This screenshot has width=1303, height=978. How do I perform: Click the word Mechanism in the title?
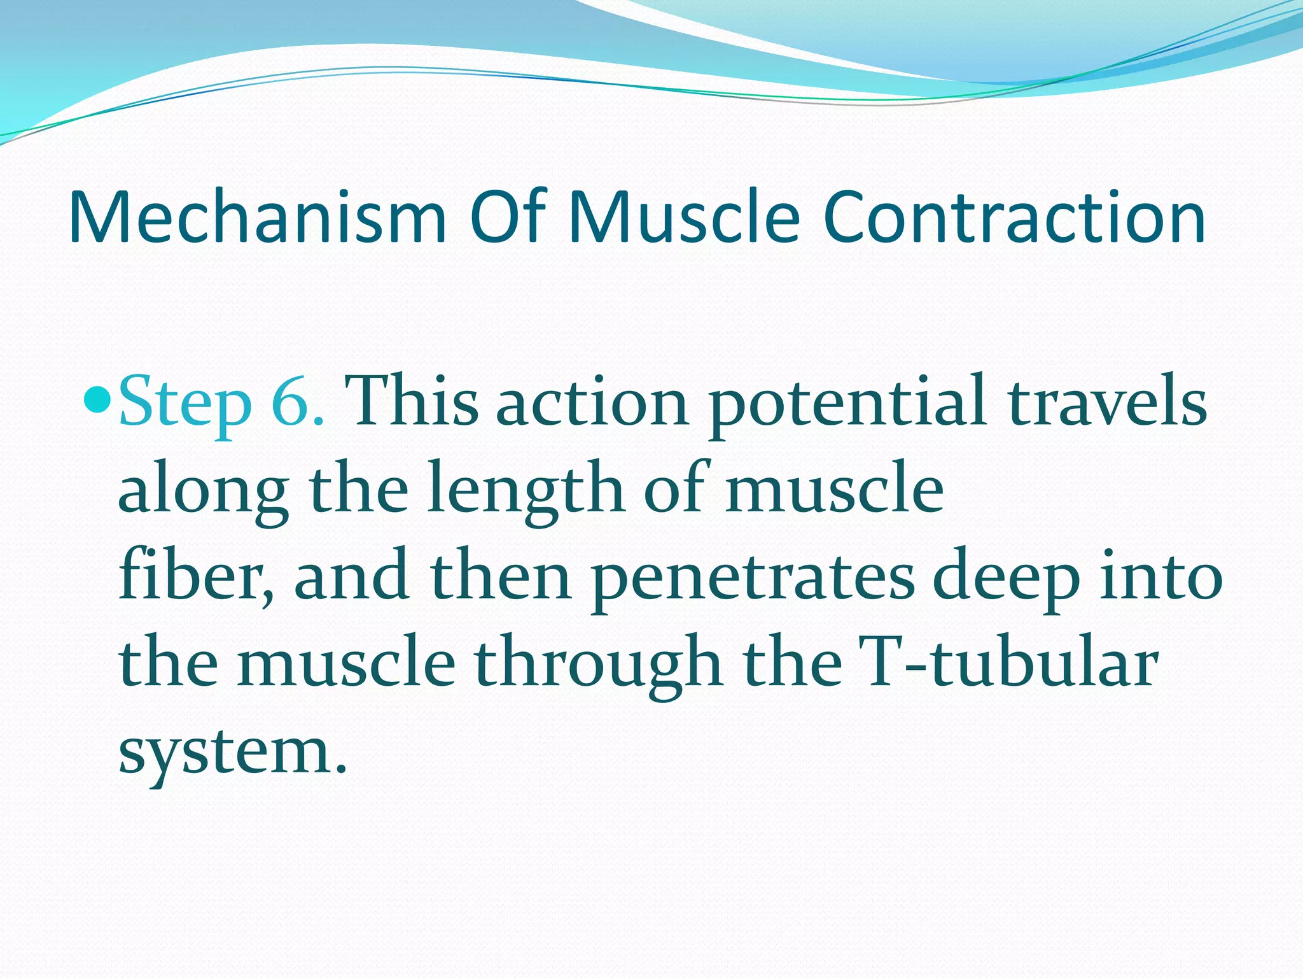(x=258, y=218)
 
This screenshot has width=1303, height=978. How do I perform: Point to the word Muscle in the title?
(x=684, y=218)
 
